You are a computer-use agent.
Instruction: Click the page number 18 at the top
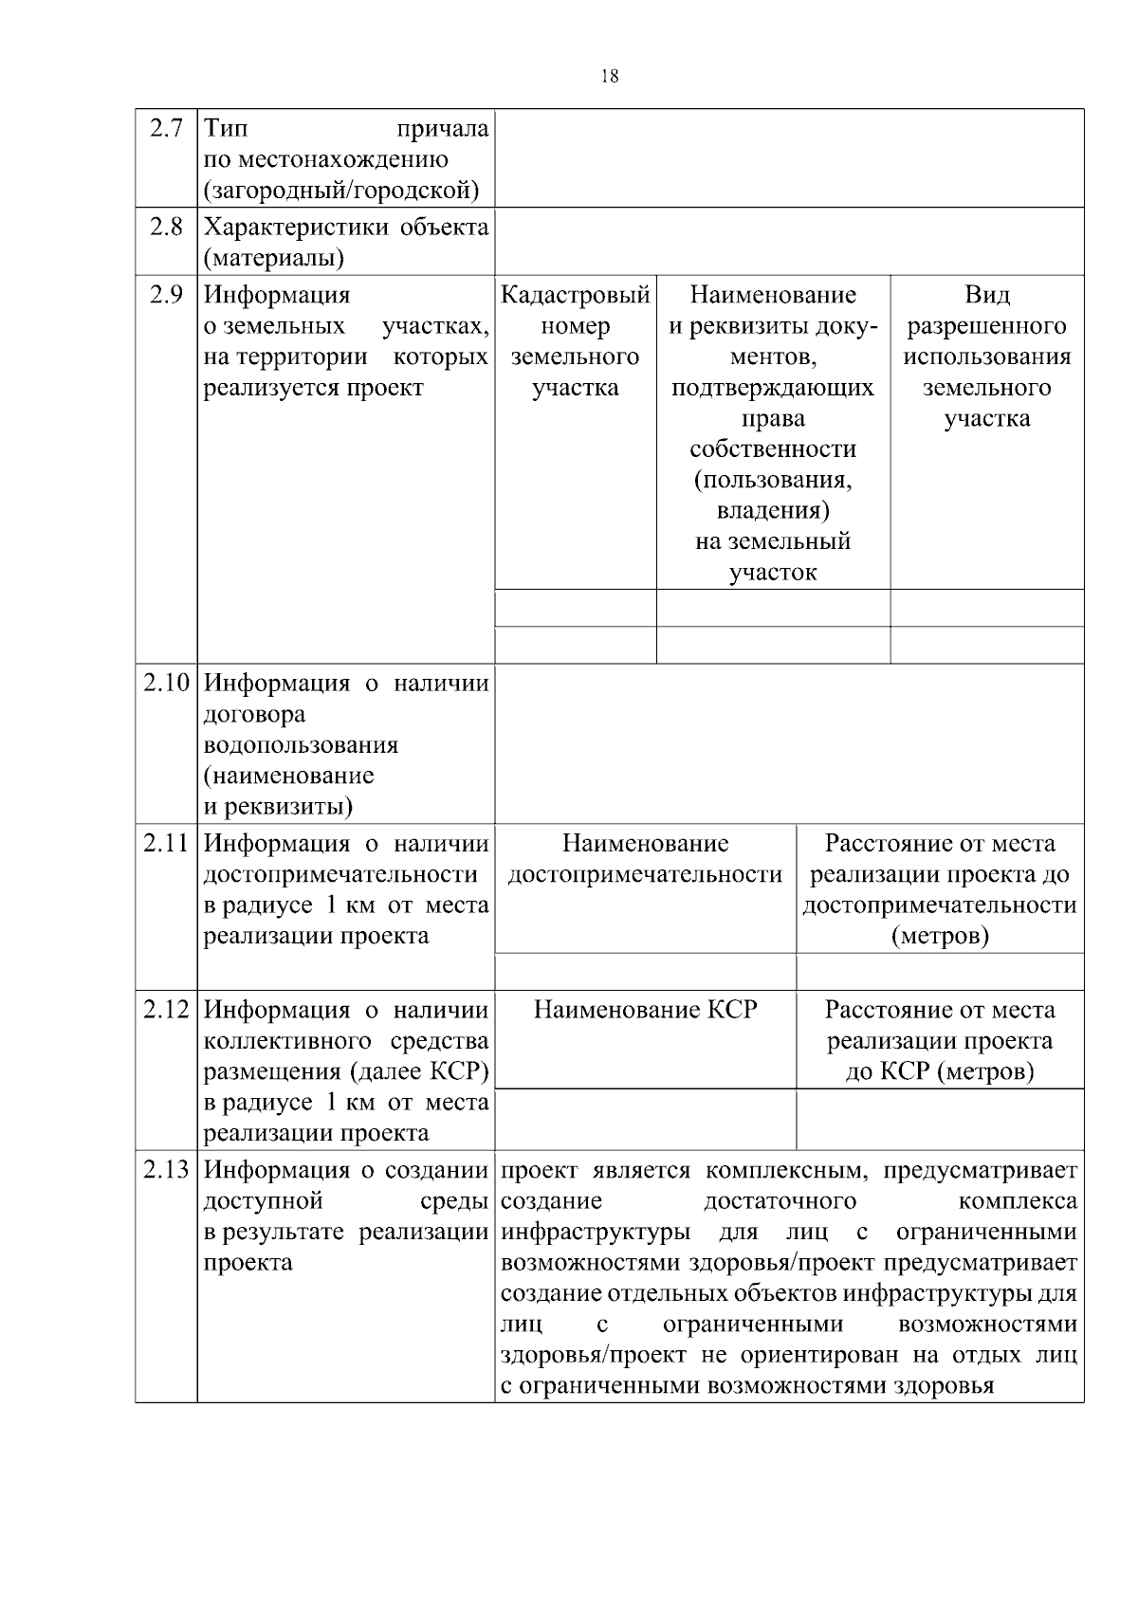pos(610,77)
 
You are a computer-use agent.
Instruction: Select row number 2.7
pos(166,128)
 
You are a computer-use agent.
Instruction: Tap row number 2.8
pos(166,227)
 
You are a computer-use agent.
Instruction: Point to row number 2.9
pos(166,295)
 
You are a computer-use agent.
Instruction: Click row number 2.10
pos(166,683)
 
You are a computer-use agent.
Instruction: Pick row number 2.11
pos(166,843)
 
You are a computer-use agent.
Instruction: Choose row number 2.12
pos(166,1010)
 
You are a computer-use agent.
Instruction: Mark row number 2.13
pos(166,1170)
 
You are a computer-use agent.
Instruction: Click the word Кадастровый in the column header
pos(576,295)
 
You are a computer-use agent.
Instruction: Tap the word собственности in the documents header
pos(773,448)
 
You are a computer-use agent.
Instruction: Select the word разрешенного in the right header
pos(987,326)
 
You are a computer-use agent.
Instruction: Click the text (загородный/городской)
pos(341,191)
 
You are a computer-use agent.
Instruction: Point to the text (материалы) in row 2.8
pos(274,258)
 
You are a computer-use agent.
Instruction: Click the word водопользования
pos(301,744)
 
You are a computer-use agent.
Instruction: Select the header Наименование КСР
pos(646,1010)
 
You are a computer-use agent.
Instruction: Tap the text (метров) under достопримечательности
pos(940,937)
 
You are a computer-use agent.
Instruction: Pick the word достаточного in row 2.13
pos(780,1201)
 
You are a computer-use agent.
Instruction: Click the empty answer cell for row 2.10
pos(789,743)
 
